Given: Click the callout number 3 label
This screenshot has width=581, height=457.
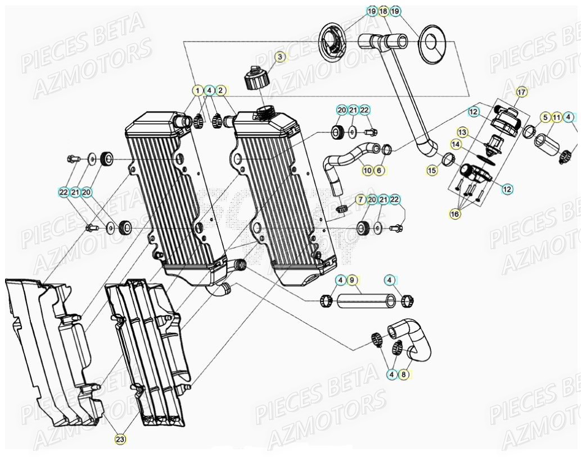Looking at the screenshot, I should (x=280, y=56).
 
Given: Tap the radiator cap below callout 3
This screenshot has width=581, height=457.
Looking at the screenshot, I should (x=256, y=78).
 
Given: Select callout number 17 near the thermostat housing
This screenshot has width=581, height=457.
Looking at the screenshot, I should (x=520, y=91).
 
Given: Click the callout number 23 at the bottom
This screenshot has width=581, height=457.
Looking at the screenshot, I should (x=120, y=440).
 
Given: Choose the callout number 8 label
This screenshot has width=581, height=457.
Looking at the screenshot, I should (x=403, y=376).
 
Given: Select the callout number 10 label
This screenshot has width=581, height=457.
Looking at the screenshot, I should (x=367, y=170).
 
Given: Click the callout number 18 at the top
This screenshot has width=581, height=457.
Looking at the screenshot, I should (x=383, y=11).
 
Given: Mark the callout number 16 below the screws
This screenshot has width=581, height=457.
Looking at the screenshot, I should (x=455, y=213).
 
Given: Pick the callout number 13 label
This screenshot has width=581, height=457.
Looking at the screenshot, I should (x=462, y=132).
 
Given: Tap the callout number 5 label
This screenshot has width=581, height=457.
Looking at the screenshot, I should (x=544, y=117).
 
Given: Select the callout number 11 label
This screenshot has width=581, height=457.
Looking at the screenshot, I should (x=557, y=117).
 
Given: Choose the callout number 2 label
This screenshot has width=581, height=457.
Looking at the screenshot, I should (x=221, y=90).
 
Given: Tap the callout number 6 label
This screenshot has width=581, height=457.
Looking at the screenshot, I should (x=380, y=170).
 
